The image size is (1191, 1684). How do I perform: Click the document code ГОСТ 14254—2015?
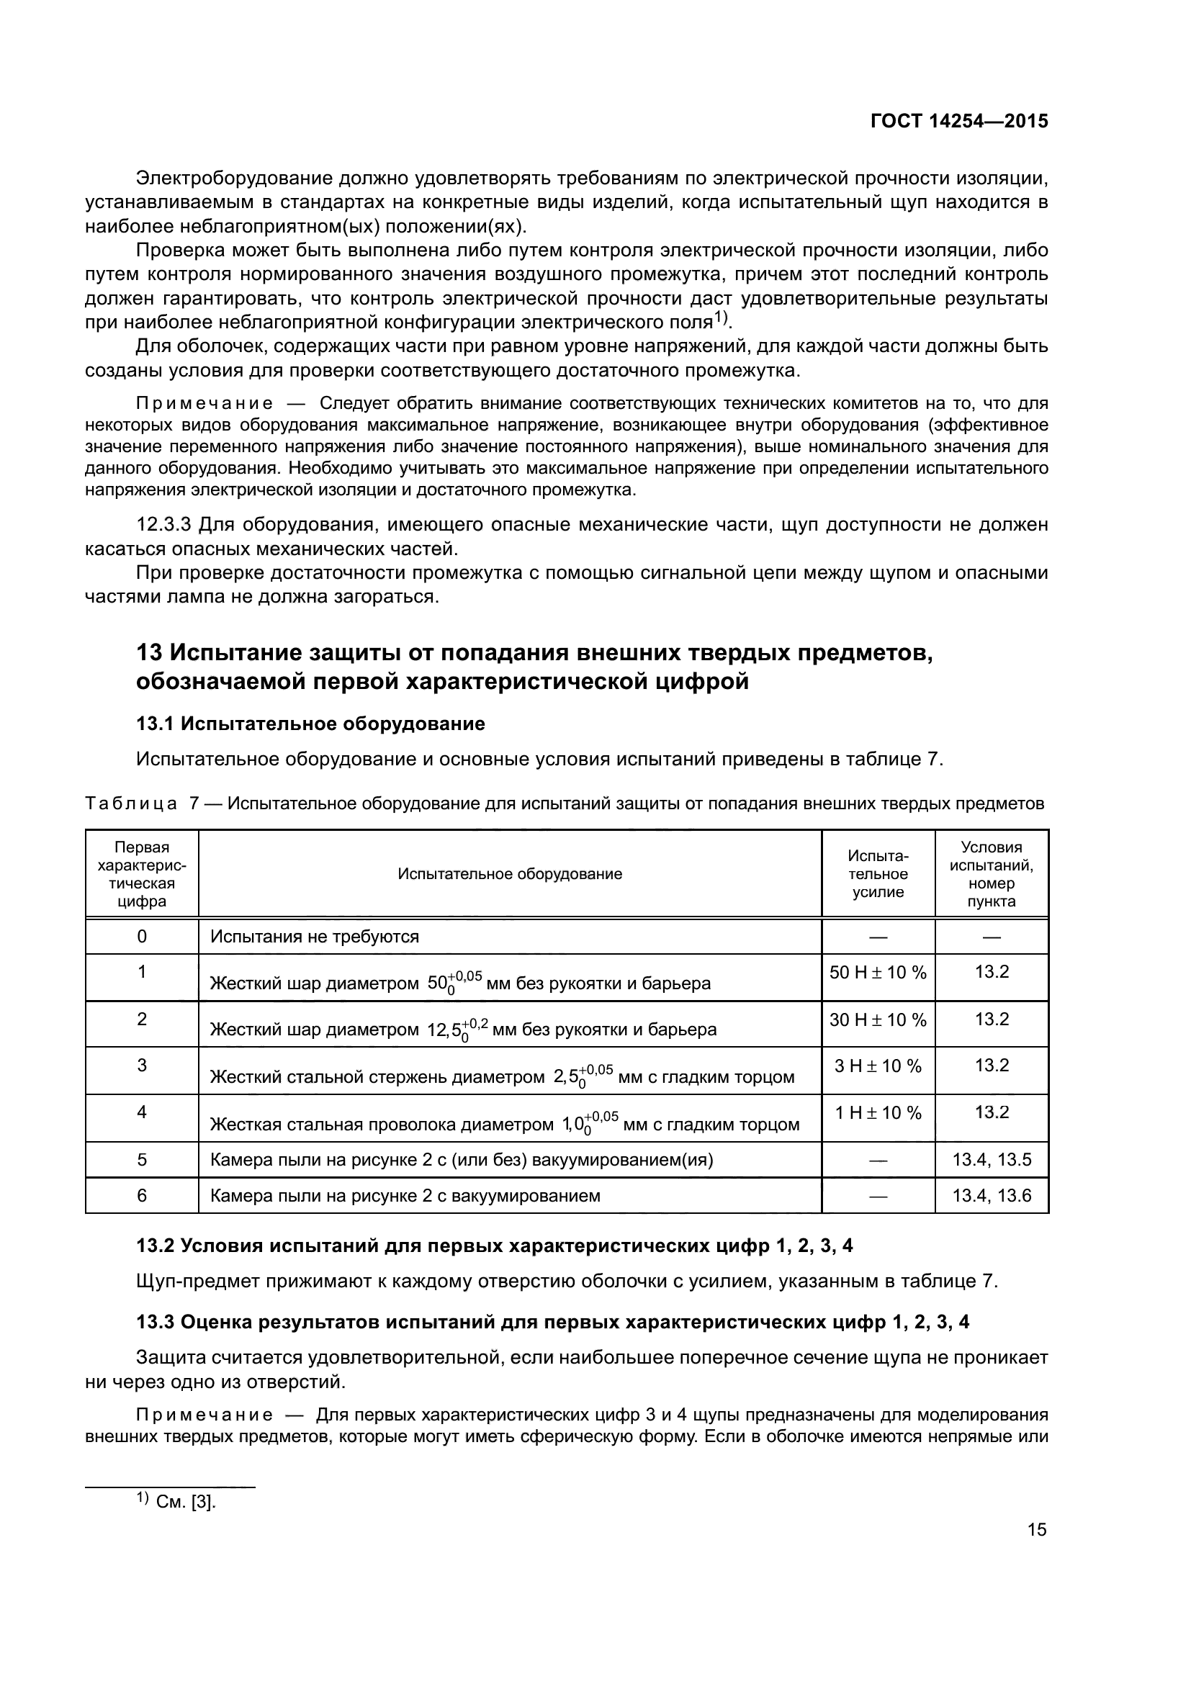(958, 121)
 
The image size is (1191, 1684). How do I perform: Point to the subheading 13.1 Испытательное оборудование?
(310, 724)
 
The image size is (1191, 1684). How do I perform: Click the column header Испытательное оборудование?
(510, 873)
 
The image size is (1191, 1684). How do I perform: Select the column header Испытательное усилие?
(878, 873)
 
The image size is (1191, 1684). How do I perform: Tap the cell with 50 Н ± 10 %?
(878, 973)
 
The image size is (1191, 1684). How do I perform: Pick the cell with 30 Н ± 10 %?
(878, 1019)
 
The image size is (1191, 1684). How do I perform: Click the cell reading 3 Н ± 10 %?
(878, 1066)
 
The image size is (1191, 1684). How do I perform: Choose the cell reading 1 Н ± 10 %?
(878, 1113)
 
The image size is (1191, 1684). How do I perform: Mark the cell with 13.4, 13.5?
(992, 1160)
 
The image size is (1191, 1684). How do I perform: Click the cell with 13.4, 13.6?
(992, 1197)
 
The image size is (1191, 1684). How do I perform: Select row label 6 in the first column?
(142, 1197)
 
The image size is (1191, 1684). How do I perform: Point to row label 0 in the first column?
(142, 937)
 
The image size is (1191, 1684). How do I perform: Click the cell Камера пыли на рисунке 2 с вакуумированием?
(405, 1197)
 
